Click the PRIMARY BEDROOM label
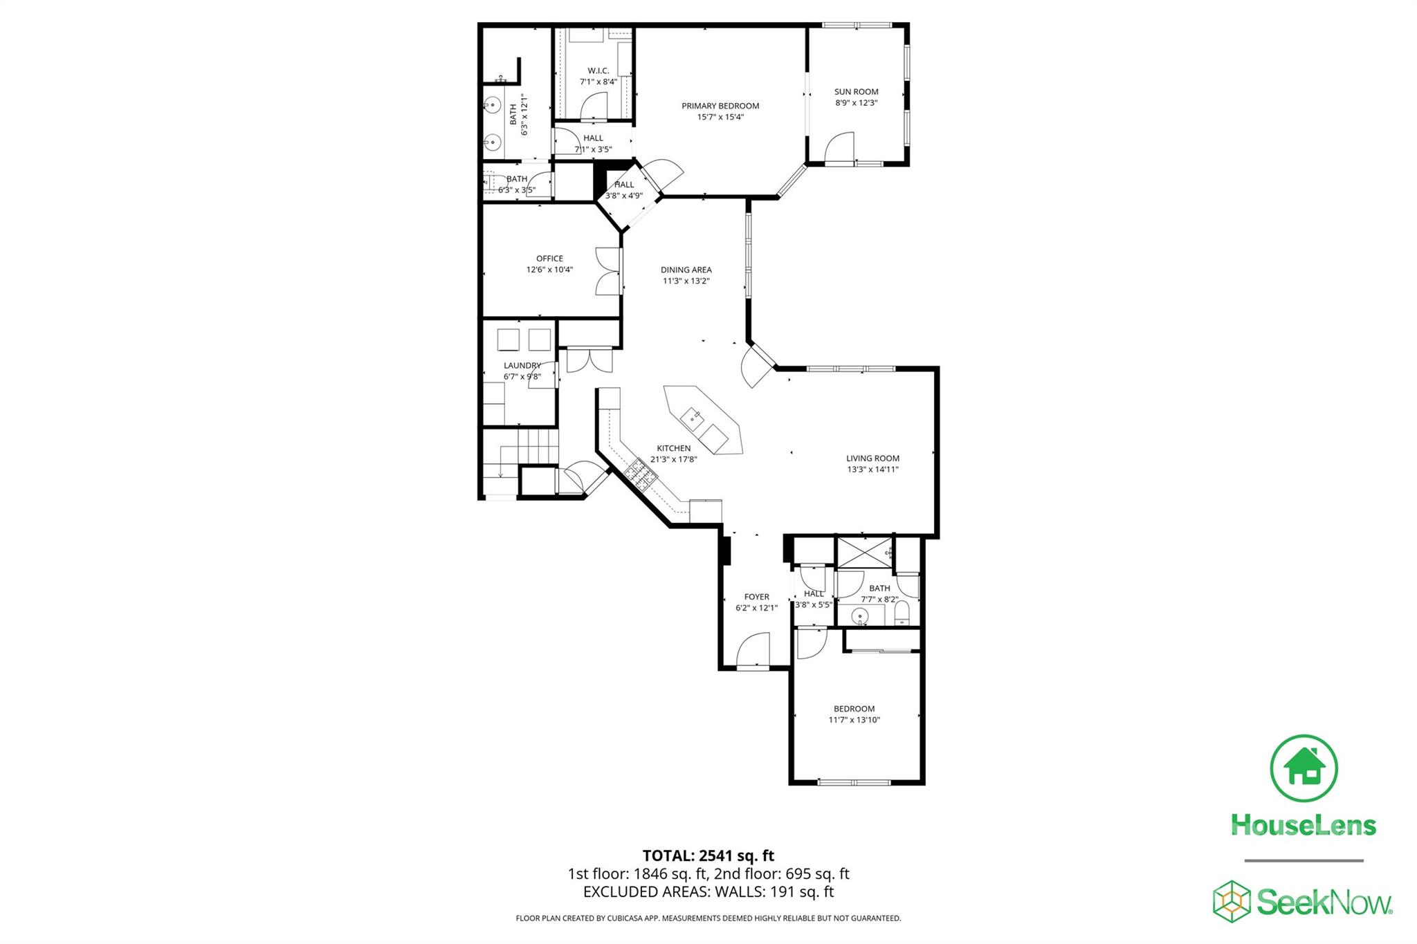pyautogui.click(x=720, y=106)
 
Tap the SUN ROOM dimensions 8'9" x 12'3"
pyautogui.click(x=856, y=103)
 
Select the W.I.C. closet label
pyautogui.click(x=598, y=71)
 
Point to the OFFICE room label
pyautogui.click(x=549, y=259)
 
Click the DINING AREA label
pyautogui.click(x=686, y=270)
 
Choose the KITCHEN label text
pyautogui.click(x=673, y=448)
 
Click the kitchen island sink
pyautogui.click(x=692, y=417)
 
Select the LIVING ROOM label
pyautogui.click(x=872, y=458)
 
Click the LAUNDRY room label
pyautogui.click(x=522, y=365)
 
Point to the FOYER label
pyautogui.click(x=756, y=597)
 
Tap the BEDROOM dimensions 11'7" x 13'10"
pyautogui.click(x=854, y=720)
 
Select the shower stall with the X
pyautogui.click(x=863, y=552)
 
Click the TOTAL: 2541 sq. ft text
pyautogui.click(x=708, y=856)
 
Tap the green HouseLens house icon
pyautogui.click(x=1304, y=768)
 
